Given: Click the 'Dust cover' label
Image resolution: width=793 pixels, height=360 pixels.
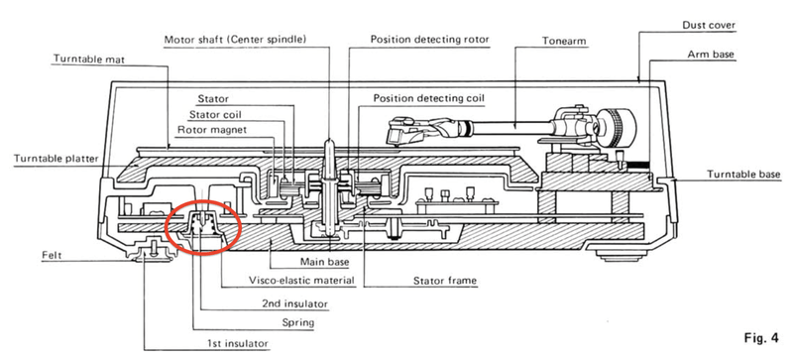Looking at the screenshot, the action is click(x=709, y=25).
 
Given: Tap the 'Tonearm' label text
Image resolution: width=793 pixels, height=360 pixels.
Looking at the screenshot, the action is click(x=564, y=41).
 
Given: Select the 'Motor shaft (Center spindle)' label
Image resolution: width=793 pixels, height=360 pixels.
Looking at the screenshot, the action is click(x=235, y=39).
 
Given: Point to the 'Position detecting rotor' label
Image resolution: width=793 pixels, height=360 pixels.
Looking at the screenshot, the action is click(x=430, y=40).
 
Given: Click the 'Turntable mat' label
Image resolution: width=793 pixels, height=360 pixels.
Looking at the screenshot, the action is click(x=89, y=60).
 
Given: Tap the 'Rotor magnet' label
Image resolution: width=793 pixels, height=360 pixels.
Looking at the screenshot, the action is click(x=212, y=130).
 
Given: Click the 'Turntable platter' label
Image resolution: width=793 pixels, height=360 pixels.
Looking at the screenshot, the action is click(x=57, y=159).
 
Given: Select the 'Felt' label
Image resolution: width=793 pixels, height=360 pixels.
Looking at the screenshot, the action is click(x=52, y=255).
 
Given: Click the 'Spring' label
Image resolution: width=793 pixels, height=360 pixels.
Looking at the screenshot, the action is click(x=298, y=322).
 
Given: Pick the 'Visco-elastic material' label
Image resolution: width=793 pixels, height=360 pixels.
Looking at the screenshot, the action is click(x=302, y=280).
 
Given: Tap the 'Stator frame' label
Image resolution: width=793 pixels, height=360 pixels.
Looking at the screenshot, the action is click(x=445, y=281).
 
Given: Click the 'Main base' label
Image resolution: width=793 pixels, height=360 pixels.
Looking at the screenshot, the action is click(x=324, y=262).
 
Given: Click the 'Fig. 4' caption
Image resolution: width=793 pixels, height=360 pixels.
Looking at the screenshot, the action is click(x=761, y=338).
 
